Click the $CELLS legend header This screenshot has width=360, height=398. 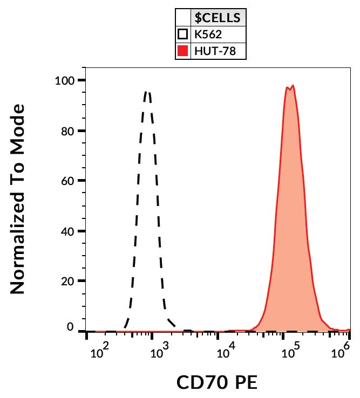pyautogui.click(x=218, y=18)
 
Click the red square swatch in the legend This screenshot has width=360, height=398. pyautogui.click(x=183, y=52)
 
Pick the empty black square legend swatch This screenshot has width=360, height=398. pyautogui.click(x=183, y=35)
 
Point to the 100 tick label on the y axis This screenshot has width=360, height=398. pyautogui.click(x=66, y=81)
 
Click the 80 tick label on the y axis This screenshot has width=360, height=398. pyautogui.click(x=70, y=131)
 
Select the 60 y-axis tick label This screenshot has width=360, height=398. pyautogui.click(x=70, y=181)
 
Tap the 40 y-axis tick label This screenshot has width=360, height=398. pyautogui.click(x=70, y=231)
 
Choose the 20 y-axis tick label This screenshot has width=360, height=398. pyautogui.click(x=70, y=282)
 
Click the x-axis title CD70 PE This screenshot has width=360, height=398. pyautogui.click(x=217, y=382)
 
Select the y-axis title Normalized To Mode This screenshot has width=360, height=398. pyautogui.click(x=18, y=200)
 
